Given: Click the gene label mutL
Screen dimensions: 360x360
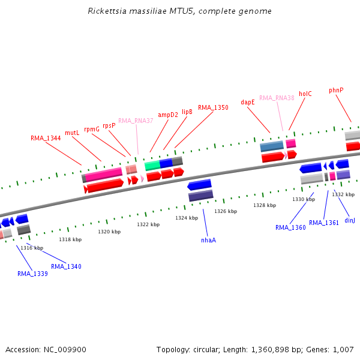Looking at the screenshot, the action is (72, 133).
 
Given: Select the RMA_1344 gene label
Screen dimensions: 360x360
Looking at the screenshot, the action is (46, 138).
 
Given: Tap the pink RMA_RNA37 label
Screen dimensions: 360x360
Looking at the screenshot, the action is (136, 121).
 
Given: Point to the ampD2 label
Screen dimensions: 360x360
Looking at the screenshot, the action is (168, 115).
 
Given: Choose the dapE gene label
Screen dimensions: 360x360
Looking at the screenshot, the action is (248, 102).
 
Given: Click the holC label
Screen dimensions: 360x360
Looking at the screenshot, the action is (305, 94).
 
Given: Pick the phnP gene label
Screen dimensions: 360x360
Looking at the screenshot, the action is (336, 90).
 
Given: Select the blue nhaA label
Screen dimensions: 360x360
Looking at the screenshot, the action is (208, 240).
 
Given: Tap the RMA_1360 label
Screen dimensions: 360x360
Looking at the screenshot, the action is (290, 227).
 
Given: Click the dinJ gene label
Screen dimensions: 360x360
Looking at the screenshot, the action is (350, 220).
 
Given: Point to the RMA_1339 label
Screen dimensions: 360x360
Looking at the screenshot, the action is (32, 274).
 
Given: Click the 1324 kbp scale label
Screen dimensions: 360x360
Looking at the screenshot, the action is (187, 218).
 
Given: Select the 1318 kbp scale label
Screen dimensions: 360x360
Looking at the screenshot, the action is (70, 239).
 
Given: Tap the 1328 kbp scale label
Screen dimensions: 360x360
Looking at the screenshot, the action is (265, 205).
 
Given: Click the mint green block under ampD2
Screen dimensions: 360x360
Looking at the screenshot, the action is (152, 166).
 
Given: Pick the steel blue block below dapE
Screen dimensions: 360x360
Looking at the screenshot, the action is (272, 146).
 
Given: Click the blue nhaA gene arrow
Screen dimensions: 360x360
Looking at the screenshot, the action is (199, 185).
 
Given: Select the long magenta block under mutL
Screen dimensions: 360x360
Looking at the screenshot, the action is (104, 175).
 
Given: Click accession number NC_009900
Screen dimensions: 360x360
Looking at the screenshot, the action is (65, 350).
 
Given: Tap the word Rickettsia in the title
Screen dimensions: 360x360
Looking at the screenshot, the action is (107, 11).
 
